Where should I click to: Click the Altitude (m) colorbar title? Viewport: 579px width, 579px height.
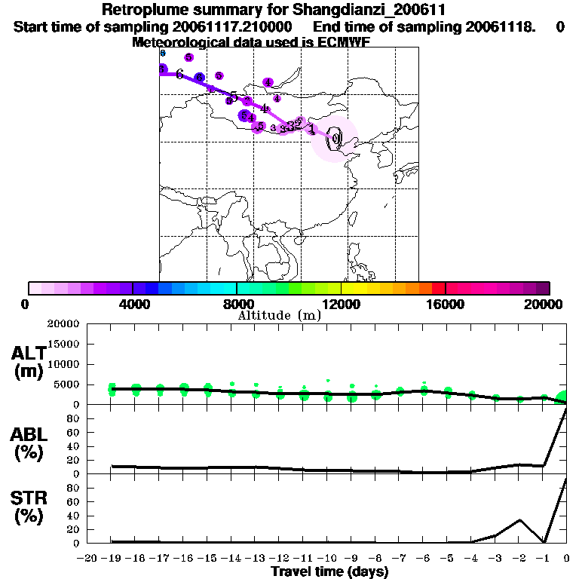[x=279, y=315]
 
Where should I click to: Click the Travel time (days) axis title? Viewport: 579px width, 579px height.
[x=329, y=572]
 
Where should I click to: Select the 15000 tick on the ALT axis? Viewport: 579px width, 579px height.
[x=63, y=345]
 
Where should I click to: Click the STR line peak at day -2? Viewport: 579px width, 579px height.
[x=519, y=520]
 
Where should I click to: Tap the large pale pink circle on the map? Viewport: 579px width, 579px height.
[x=335, y=139]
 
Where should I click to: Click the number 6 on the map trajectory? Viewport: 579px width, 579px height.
[x=179, y=74]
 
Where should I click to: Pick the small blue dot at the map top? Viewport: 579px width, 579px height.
[x=162, y=53]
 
